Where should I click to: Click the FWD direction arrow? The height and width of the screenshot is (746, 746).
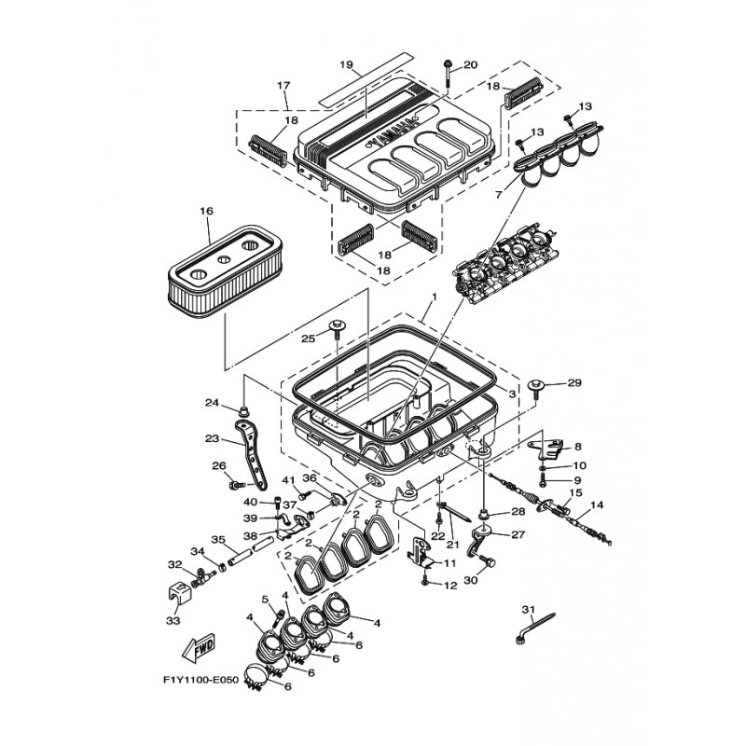coord(199,648)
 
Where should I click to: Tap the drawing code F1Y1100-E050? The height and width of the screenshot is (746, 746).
coord(200,680)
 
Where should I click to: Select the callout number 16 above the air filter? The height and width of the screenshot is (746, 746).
coord(206,211)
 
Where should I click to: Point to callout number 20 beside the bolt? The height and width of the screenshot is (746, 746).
coord(470,65)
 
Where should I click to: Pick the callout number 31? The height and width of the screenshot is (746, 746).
coord(528,610)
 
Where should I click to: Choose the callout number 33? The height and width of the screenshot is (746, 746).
coord(173,621)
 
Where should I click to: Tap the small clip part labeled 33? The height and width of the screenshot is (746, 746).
coord(179,591)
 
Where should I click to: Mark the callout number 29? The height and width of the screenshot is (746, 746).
coord(574,382)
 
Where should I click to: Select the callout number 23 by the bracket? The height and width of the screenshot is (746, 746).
coord(213,438)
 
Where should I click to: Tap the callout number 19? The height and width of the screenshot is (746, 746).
coord(346,64)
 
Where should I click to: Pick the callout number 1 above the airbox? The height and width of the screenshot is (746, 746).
coord(434,297)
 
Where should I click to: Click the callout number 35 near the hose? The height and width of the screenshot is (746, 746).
coord(218,540)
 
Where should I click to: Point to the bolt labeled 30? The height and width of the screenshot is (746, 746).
coord(487,561)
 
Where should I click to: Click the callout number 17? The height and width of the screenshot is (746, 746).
coord(283,86)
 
